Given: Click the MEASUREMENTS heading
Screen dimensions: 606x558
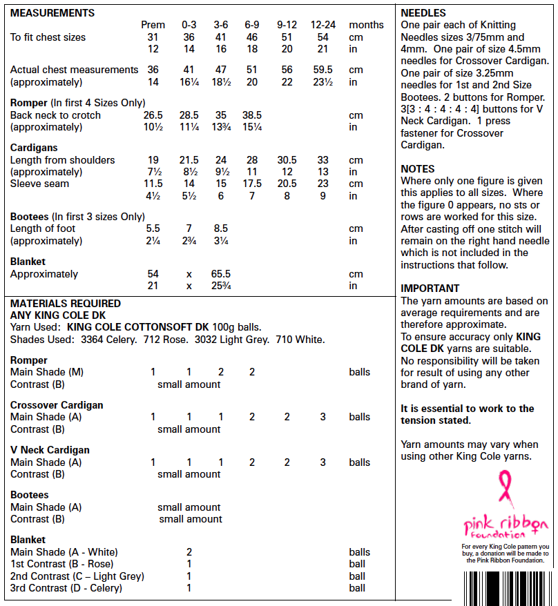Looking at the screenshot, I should (52, 13).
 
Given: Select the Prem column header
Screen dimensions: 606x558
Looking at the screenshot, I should (153, 25).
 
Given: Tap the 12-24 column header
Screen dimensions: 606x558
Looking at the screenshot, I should (322, 25).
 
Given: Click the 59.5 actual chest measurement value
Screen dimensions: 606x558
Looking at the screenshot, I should (322, 70).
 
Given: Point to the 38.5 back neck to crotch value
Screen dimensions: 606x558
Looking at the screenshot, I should (252, 115).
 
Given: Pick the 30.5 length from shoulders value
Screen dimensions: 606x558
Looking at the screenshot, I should (287, 160).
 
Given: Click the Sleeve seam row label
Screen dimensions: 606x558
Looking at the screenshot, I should (39, 184).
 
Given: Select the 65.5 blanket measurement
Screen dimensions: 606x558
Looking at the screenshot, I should (221, 274).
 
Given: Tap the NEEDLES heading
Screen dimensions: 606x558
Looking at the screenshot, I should (423, 13).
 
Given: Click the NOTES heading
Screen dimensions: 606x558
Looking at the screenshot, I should (418, 168).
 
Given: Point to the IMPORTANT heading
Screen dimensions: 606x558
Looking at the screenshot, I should (430, 289).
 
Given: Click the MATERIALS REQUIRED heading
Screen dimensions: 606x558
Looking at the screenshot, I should (66, 304).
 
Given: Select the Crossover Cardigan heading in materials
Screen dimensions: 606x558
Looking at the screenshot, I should (57, 405).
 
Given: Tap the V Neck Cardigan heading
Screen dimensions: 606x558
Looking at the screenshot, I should (50, 450).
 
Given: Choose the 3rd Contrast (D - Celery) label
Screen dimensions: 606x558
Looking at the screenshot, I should (66, 588).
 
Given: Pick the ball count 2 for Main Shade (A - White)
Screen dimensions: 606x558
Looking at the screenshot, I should (189, 552).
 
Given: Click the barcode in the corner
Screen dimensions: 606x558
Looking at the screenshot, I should (505, 586).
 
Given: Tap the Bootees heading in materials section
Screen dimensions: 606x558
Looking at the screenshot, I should (30, 495).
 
